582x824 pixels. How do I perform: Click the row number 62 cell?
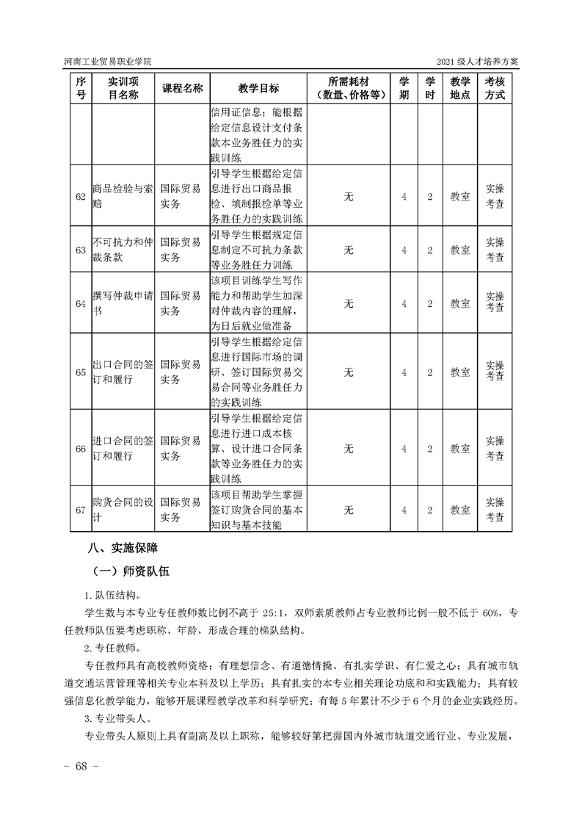tap(81, 197)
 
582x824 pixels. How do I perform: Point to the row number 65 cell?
tap(81, 372)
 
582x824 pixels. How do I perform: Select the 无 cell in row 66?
tap(349, 448)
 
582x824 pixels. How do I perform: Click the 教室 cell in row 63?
tap(460, 250)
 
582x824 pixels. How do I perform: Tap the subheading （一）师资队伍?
tap(131, 571)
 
